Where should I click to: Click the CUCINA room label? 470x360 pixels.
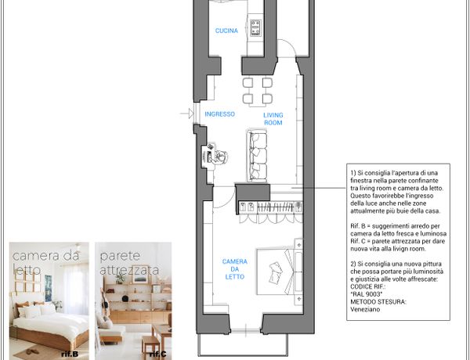pyautogui.click(x=226, y=31)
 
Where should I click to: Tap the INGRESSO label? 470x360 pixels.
pyautogui.click(x=219, y=114)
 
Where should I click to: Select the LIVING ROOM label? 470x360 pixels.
pyautogui.click(x=273, y=119)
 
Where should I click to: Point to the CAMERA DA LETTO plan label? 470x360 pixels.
pyautogui.click(x=235, y=269)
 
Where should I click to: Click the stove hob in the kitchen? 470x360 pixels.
pyautogui.click(x=255, y=28)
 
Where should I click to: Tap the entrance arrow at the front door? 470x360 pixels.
pyautogui.click(x=187, y=113)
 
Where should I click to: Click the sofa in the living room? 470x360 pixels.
pyautogui.click(x=257, y=156)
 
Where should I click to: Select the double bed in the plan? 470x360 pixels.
pyautogui.click(x=280, y=272)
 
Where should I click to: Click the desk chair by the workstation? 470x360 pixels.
pyautogui.click(x=221, y=156)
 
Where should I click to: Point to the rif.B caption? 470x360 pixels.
pyautogui.click(x=70, y=354)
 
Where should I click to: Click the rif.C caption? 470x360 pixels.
pyautogui.click(x=158, y=354)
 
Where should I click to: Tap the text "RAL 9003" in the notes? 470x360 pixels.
pyautogui.click(x=367, y=294)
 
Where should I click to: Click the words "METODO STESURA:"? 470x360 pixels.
pyautogui.click(x=378, y=301)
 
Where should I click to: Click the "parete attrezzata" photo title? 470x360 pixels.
pyautogui.click(x=129, y=263)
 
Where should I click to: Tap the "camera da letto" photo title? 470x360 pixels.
pyautogui.click(x=45, y=263)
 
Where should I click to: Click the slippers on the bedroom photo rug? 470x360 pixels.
pyautogui.click(x=31, y=351)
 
